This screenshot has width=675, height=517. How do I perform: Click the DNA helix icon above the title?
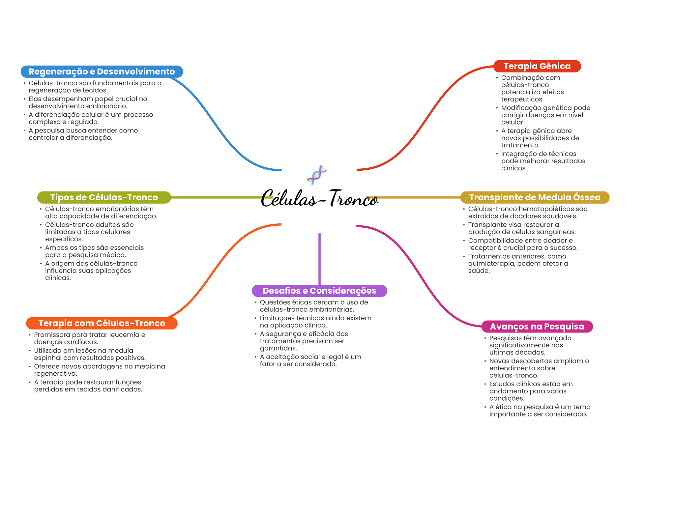[316, 175]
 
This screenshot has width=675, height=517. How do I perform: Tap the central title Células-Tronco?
[320, 198]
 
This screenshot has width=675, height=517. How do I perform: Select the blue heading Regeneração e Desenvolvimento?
[102, 72]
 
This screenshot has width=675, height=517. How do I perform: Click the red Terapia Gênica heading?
[537, 66]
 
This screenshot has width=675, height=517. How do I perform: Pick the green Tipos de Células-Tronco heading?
[104, 197]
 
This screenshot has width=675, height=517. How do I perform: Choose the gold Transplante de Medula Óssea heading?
[535, 197]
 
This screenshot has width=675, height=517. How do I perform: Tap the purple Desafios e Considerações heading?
[319, 291]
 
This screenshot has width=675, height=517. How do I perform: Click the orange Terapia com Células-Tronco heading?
[102, 323]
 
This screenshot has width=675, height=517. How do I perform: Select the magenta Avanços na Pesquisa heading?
[537, 327]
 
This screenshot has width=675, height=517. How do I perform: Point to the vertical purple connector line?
[319, 259]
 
